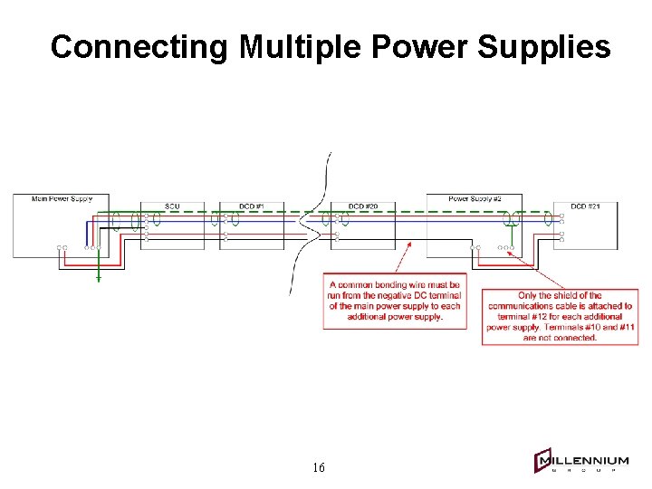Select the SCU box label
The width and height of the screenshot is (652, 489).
[x=172, y=206]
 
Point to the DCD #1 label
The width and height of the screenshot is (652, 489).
[x=251, y=206]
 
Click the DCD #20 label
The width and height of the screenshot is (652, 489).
[x=362, y=206]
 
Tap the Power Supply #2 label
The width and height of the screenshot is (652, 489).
[x=475, y=198]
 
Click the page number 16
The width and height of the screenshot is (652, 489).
[x=318, y=467]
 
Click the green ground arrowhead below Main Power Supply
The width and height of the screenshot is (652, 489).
[x=99, y=279]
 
